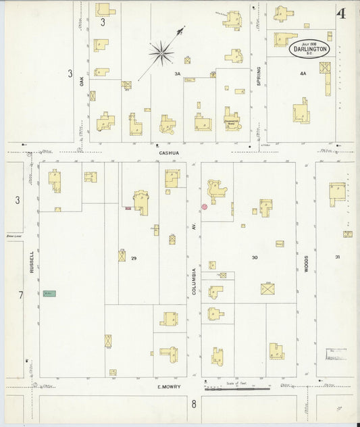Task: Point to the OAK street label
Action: click(81, 80)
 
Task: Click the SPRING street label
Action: click(259, 78)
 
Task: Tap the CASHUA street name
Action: click(168, 153)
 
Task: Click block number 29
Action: click(134, 258)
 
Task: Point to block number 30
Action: click(255, 257)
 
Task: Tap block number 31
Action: click(337, 257)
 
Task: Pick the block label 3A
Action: click(178, 73)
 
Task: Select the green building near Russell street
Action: click(49, 293)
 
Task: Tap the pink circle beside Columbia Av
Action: click(204, 207)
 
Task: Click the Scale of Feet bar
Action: click(236, 388)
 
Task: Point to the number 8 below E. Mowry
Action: click(193, 404)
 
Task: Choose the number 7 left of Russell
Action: click(20, 295)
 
